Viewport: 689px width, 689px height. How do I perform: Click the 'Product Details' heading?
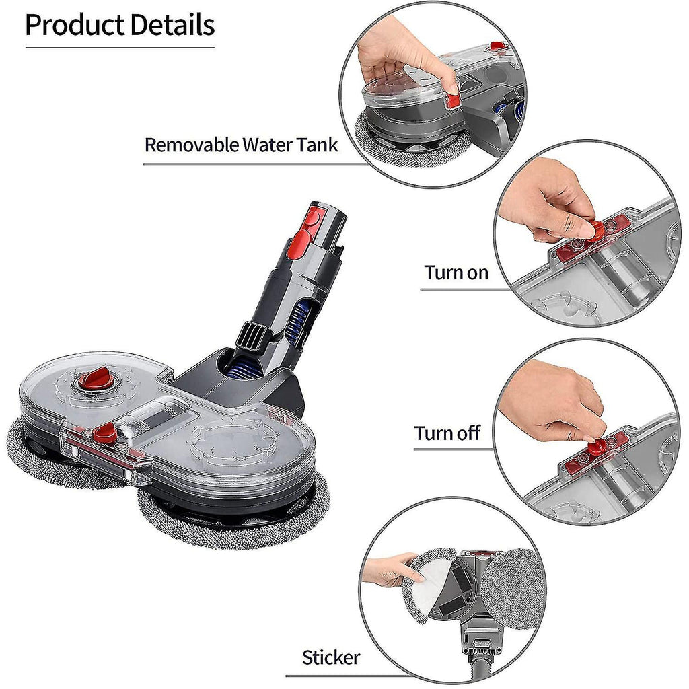[x=120, y=25]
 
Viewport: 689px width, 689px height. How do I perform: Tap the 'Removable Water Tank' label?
[x=242, y=145]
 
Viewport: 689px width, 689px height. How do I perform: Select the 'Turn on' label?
[x=456, y=273]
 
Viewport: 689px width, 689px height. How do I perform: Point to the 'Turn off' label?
[x=447, y=433]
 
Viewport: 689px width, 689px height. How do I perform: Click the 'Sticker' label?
[x=331, y=657]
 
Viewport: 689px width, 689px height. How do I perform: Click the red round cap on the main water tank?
[x=96, y=378]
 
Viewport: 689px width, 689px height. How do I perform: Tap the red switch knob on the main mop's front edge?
[x=104, y=433]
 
